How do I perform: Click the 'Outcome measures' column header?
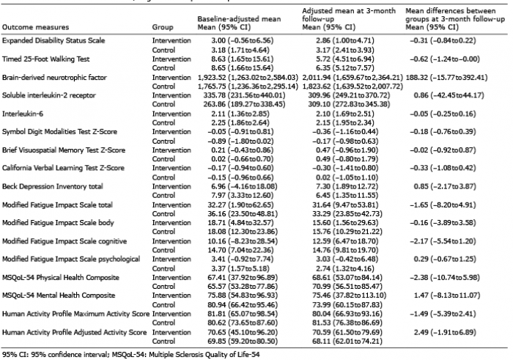35,27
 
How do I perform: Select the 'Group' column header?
163,27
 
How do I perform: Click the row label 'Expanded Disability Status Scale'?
53,40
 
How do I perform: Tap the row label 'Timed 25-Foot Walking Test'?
45,59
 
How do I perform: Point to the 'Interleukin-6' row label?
23,114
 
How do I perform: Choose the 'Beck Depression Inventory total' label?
52,186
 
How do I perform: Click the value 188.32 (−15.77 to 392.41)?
446,78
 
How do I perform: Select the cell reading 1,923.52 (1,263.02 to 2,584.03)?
248,78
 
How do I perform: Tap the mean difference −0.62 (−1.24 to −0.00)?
445,59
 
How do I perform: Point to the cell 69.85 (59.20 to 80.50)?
243,342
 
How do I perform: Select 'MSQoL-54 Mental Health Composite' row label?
59,295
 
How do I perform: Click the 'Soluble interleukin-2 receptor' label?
49,95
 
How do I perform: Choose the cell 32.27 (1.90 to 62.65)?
243,205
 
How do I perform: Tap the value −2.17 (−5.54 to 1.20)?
443,241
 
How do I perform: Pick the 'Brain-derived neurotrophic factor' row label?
54,78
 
